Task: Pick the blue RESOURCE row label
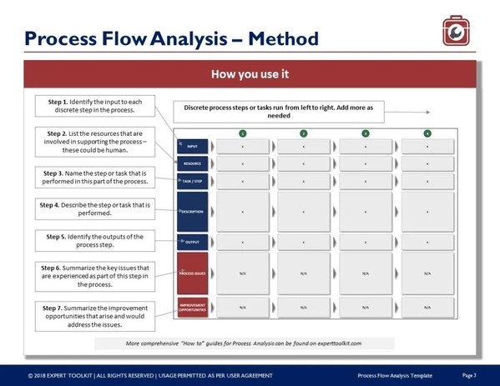click(x=192, y=163)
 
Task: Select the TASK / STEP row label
click(x=192, y=180)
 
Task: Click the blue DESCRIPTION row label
click(x=192, y=212)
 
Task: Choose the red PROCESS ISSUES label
click(x=192, y=273)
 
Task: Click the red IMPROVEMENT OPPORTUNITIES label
click(x=192, y=308)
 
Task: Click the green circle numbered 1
click(x=242, y=133)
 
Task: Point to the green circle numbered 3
click(x=366, y=133)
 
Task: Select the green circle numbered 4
click(x=427, y=133)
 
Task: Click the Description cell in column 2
click(x=304, y=212)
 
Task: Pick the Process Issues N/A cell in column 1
click(x=242, y=273)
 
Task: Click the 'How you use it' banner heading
click(x=250, y=74)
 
